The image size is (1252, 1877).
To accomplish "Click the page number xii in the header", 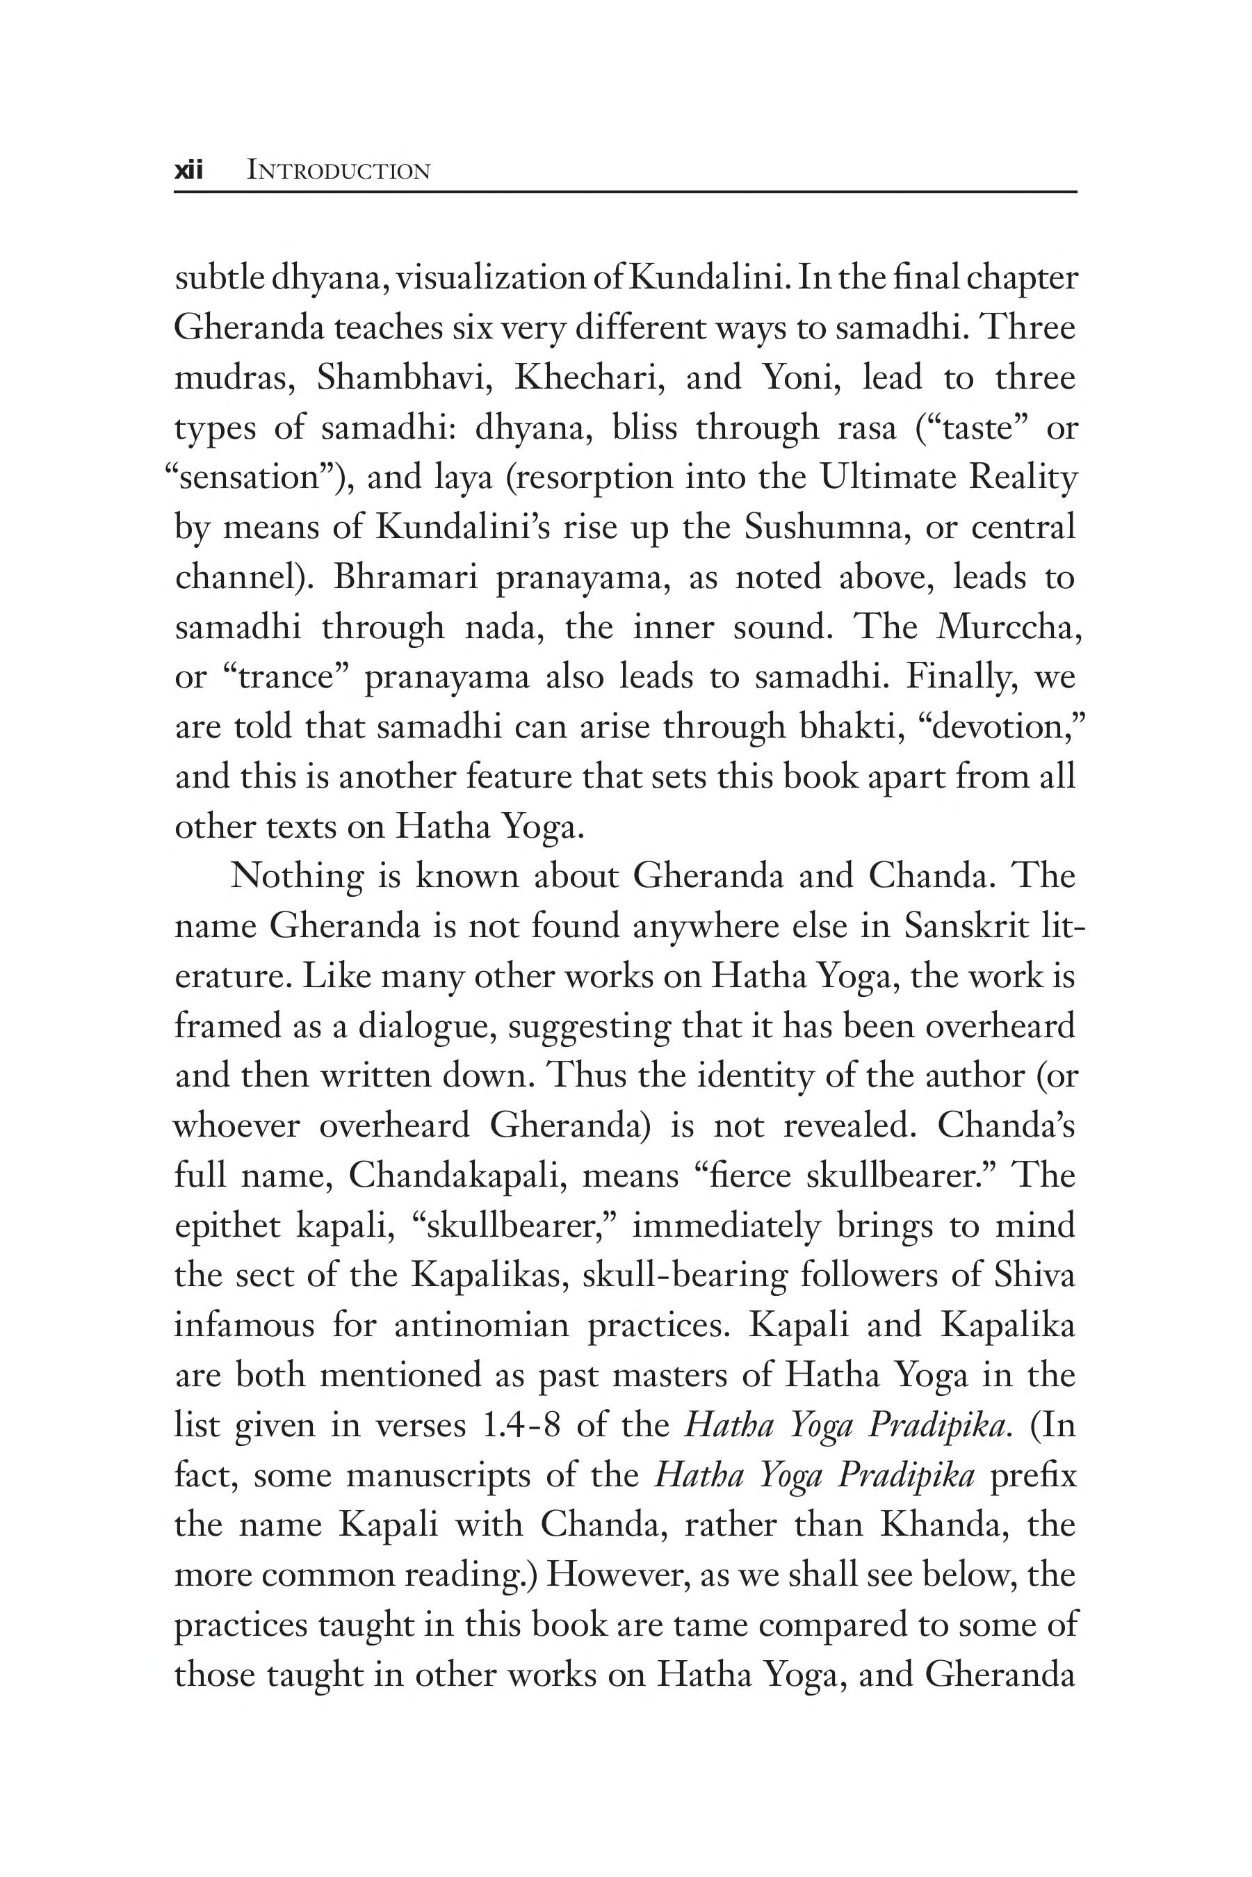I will tap(189, 171).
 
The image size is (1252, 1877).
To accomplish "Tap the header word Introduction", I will tap(339, 171).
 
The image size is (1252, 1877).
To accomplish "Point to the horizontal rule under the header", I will tap(626, 193).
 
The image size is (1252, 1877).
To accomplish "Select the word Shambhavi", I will tap(403, 377).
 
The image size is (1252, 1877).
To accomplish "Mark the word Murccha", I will tap(1010, 628).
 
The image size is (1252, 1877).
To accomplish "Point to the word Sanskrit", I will tap(968, 927).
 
